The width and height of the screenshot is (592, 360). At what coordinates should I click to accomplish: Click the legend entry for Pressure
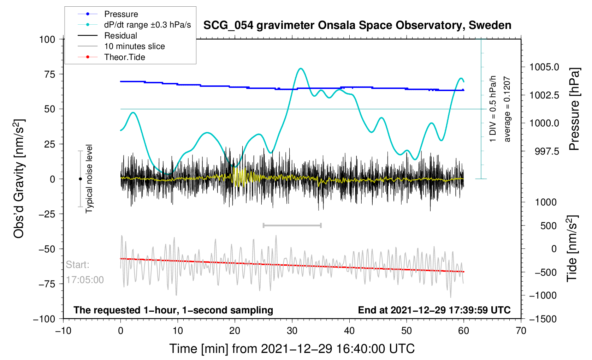coord(121,14)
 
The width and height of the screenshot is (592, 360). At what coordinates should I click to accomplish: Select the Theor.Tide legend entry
coord(124,57)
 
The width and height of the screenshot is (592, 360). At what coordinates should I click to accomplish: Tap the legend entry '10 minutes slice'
coord(134,46)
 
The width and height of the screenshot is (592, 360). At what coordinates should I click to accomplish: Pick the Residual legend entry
coord(120,36)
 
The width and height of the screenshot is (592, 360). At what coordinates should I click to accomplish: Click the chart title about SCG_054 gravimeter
coord(357,25)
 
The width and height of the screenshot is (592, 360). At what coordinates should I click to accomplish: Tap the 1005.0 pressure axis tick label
coord(544,67)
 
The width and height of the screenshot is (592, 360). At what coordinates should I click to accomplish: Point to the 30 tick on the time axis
coord(292,331)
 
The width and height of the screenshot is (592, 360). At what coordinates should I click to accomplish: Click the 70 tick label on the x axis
coord(521,331)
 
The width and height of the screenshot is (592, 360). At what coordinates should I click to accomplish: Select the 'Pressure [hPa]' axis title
coord(574,109)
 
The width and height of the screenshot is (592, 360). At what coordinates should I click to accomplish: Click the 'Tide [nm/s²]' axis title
coord(572,248)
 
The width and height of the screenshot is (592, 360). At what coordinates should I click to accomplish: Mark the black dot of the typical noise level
coord(80,179)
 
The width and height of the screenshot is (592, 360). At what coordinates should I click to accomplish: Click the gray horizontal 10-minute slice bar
coord(292,226)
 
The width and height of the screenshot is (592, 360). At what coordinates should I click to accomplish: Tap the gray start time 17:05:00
coord(85,280)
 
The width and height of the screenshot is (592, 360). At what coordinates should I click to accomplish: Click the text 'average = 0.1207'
coord(507,109)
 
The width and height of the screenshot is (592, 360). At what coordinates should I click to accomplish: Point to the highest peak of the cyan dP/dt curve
coord(301,68)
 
